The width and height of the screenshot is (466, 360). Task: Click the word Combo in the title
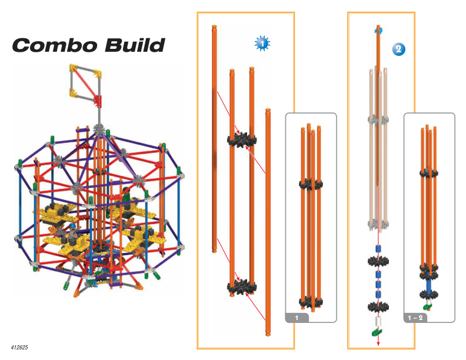coord(55,45)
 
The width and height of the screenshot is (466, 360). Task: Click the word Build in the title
coord(135,45)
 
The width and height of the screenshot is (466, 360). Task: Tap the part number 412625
coord(19,347)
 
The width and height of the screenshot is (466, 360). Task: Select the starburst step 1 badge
coord(262,44)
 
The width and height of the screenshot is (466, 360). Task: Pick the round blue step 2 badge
coord(398,49)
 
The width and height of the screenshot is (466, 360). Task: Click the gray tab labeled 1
coord(297,318)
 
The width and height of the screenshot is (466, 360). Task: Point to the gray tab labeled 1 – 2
coord(415,318)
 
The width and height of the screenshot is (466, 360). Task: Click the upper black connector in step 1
coord(242,140)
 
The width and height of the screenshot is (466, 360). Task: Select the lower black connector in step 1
coord(242,287)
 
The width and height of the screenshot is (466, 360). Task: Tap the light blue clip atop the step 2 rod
coord(378,30)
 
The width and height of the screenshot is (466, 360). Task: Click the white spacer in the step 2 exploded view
coord(378,321)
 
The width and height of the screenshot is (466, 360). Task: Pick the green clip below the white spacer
coord(377,332)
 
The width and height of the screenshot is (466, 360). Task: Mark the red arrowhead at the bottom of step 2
coord(378,344)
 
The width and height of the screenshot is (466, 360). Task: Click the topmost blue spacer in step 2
coord(378,249)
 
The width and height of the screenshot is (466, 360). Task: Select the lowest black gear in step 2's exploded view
coord(378,307)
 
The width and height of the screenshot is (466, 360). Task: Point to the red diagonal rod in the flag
coord(85,84)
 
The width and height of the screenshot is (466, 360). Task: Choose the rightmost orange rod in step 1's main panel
coord(268,222)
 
